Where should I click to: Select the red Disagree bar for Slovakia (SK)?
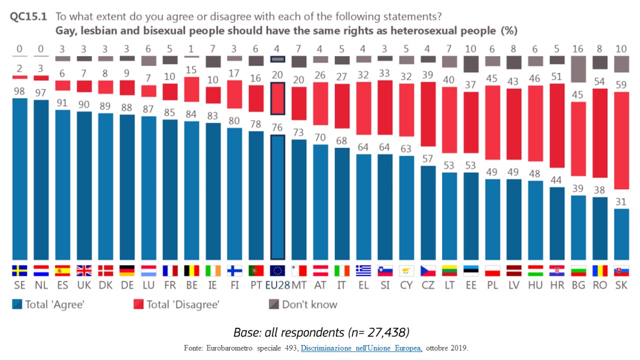pyautogui.click(x=621, y=150)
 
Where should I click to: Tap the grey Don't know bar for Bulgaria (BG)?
pyautogui.click(x=578, y=69)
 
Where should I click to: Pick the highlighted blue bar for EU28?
pyautogui.click(x=277, y=197)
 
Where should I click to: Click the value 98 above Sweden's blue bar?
pyautogui.click(x=19, y=91)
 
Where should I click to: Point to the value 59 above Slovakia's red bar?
pyautogui.click(x=621, y=84)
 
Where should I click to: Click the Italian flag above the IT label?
pyautogui.click(x=342, y=270)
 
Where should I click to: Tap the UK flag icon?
pyautogui.click(x=84, y=270)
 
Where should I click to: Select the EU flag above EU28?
pyautogui.click(x=277, y=270)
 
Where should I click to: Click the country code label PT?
pyautogui.click(x=256, y=286)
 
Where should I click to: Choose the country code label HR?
pyautogui.click(x=557, y=286)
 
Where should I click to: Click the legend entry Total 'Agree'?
pyautogui.click(x=48, y=304)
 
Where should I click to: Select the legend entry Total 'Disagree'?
pyautogui.click(x=176, y=304)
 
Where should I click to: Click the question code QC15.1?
pyautogui.click(x=28, y=16)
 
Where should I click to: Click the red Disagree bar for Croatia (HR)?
pyautogui.click(x=557, y=125)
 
